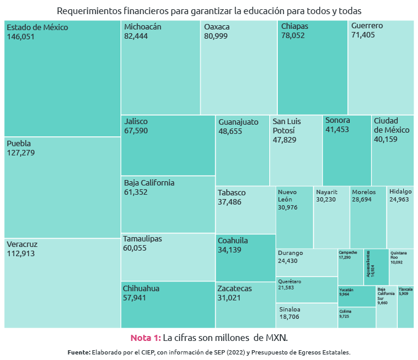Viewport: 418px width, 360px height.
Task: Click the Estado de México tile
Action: pos(61,78)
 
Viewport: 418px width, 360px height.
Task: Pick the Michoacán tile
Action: pos(160,68)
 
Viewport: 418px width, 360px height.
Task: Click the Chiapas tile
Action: pos(312,68)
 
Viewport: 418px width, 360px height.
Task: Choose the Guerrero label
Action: pos(367,26)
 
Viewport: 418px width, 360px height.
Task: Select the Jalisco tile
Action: pos(167,146)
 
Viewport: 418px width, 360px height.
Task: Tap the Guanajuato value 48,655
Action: pos(234,131)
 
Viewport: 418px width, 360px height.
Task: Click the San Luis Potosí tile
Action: pos(295,151)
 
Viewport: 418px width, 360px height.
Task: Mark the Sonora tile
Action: pos(346,151)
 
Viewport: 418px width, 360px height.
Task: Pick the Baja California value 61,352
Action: pos(140,192)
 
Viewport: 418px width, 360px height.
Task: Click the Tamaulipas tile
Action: pos(167,257)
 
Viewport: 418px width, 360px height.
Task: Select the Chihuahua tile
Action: pos(167,304)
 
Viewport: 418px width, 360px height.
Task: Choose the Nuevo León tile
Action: pos(294,217)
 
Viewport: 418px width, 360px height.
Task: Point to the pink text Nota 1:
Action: pos(145,338)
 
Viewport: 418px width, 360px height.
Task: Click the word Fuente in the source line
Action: pos(78,353)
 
